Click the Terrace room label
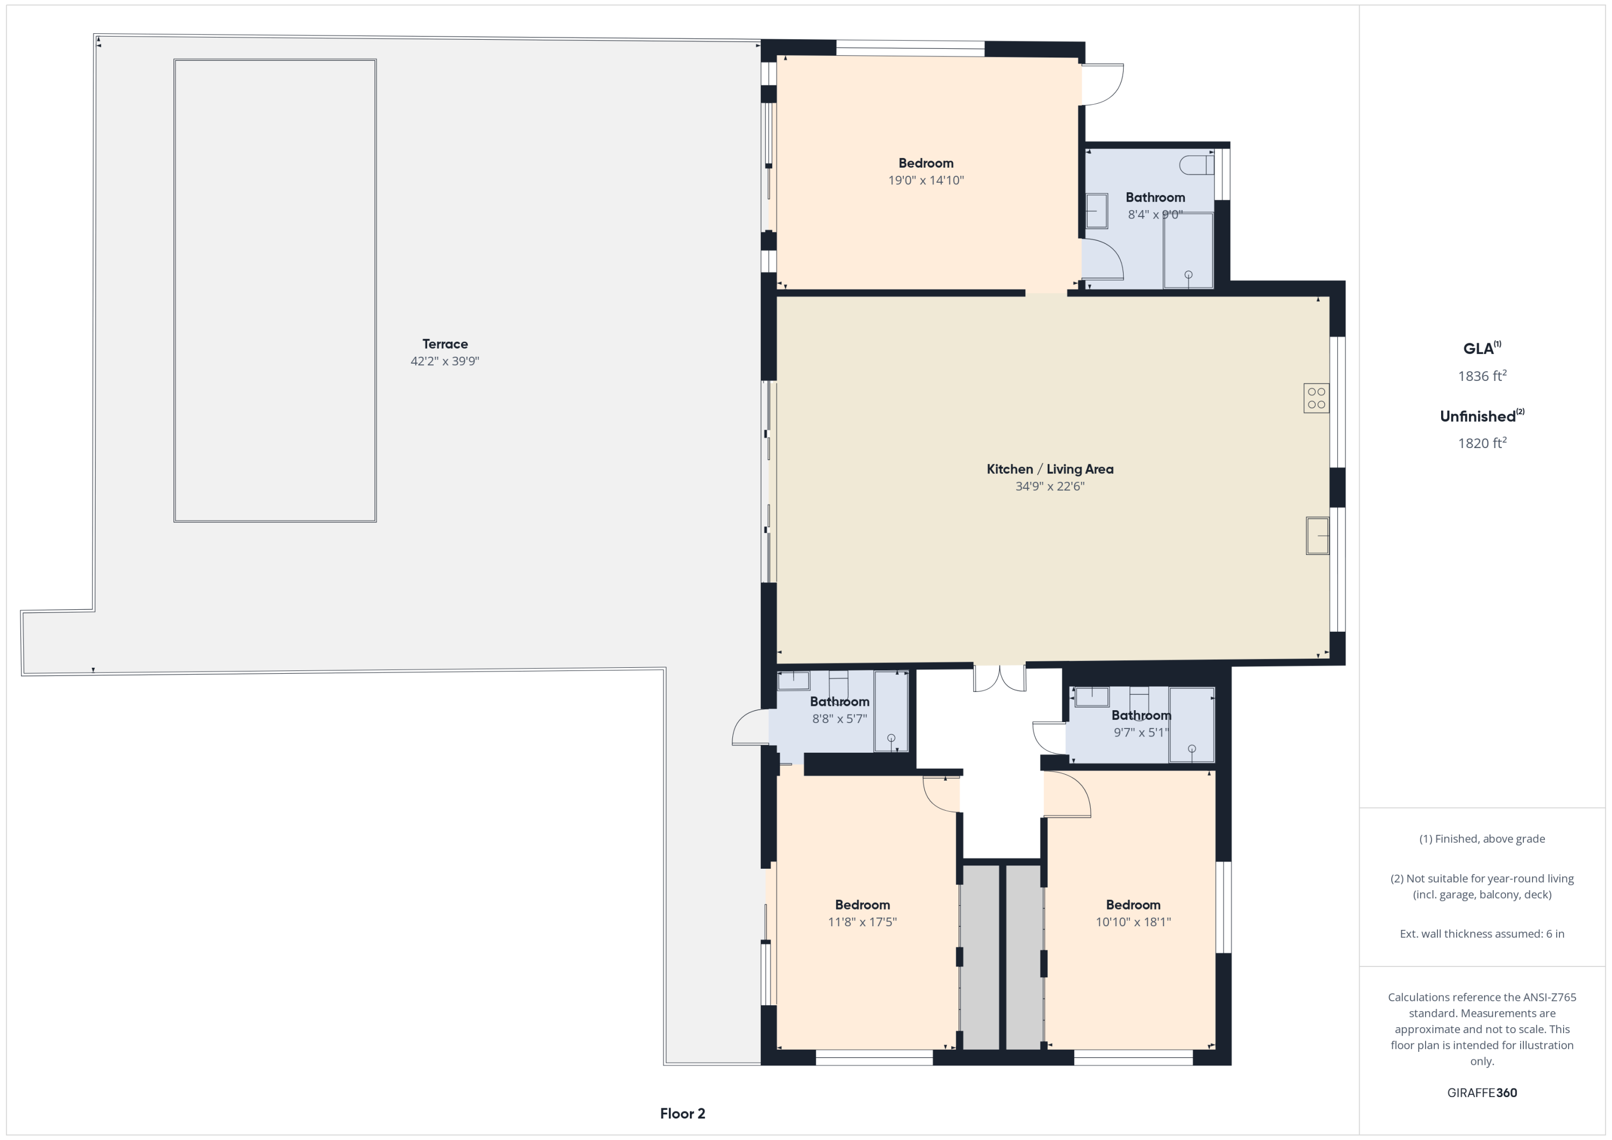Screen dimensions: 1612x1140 coord(445,344)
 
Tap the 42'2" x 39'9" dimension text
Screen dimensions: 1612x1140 coord(445,362)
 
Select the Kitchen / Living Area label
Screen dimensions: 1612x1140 coord(1049,469)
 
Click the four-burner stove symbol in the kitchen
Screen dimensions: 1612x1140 coord(1316,398)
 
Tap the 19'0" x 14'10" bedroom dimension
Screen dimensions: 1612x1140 coord(926,181)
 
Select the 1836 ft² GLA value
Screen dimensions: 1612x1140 coord(1482,376)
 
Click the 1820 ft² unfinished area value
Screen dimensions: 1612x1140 coord(1482,443)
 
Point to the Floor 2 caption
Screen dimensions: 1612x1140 coord(682,1113)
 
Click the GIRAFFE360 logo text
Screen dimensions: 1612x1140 coord(1482,1093)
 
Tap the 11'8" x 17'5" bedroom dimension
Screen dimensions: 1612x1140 coord(862,922)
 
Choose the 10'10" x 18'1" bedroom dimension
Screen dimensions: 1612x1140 coord(1133,922)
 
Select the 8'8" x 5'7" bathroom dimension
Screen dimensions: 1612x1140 coord(840,719)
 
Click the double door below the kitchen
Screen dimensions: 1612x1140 coord(999,679)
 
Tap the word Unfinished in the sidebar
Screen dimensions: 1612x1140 coord(1478,416)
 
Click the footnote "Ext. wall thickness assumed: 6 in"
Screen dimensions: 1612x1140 coord(1482,934)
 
